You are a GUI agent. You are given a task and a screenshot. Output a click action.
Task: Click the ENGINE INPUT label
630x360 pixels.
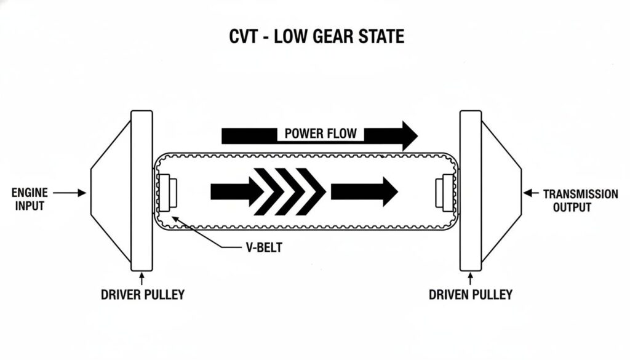click(29, 199)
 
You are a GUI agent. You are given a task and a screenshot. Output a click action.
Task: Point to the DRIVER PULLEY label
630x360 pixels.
click(142, 295)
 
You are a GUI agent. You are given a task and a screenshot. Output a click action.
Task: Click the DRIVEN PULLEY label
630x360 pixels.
click(470, 295)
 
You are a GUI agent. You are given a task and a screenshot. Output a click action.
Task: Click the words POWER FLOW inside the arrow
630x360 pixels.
click(320, 134)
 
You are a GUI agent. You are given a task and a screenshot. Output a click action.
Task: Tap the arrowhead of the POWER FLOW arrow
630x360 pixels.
click(407, 135)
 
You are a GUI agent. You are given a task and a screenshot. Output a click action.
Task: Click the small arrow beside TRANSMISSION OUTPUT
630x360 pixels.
click(530, 193)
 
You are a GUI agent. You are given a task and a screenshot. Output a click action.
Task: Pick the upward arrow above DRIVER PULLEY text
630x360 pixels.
click(142, 278)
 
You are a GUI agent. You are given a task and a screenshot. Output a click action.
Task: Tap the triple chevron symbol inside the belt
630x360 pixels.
click(289, 191)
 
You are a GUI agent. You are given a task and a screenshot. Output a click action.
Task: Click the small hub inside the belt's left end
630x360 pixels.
click(168, 191)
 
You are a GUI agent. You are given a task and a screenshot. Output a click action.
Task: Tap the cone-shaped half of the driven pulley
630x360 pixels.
click(500, 191)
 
